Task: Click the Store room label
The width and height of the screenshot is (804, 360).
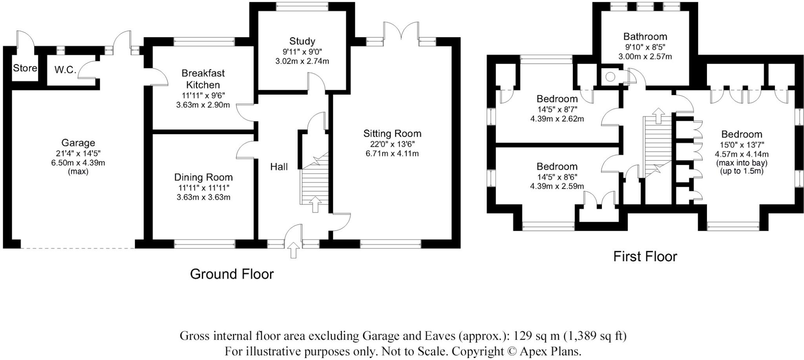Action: [x=25, y=68]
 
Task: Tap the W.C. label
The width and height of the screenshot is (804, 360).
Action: [x=66, y=70]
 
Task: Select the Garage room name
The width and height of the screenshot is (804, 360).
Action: [x=78, y=143]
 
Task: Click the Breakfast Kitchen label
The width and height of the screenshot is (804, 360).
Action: [x=203, y=79]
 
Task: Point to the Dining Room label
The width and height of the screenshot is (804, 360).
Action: [x=203, y=177]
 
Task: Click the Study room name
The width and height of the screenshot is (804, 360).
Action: [x=302, y=41]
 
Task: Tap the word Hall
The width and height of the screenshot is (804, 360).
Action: [x=279, y=167]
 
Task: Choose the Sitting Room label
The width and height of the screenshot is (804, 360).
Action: [x=392, y=134]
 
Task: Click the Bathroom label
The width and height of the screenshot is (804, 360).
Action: [x=645, y=37]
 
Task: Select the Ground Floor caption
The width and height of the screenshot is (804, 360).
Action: [x=232, y=274]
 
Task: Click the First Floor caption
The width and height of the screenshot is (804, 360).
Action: [x=645, y=257]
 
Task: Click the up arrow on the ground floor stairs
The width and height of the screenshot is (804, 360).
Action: [x=315, y=205]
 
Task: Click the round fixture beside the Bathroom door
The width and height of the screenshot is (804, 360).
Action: [x=610, y=77]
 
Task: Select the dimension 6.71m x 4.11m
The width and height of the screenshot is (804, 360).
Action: [x=392, y=154]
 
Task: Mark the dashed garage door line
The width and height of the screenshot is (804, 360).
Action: [x=78, y=248]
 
